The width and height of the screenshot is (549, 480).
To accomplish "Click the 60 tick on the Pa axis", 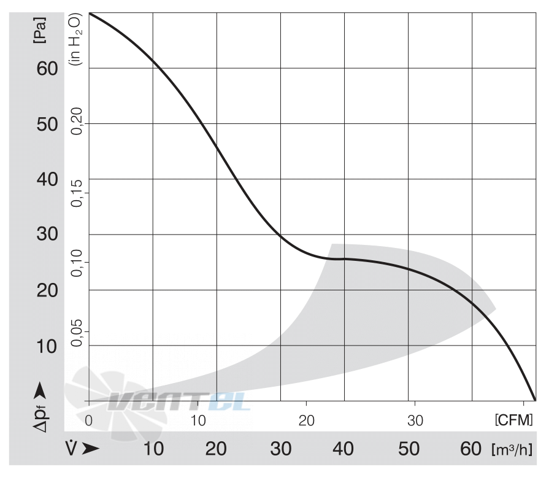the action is (47, 69).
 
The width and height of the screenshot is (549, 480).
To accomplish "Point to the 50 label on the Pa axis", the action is (47, 125).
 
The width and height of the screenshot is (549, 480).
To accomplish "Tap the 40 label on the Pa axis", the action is (47, 179).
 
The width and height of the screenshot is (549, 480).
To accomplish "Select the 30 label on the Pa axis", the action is (47, 234).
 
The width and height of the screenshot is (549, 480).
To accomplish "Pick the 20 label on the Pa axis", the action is (47, 290).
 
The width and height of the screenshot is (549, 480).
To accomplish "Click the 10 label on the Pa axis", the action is (47, 346).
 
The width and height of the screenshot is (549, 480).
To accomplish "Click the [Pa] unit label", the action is (39, 30).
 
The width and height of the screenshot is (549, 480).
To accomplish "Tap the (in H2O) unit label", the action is (76, 39).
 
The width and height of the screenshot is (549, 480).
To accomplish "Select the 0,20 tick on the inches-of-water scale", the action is (76, 121).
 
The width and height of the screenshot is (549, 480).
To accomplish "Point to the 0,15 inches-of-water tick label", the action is (76, 193).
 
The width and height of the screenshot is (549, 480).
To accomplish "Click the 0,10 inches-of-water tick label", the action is (76, 263).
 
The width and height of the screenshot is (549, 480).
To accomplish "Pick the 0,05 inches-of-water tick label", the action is (76, 333).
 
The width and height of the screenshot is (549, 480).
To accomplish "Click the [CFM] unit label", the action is (513, 420).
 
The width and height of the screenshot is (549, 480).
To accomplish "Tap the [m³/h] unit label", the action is (512, 449).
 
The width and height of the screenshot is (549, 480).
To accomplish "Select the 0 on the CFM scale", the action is (89, 420).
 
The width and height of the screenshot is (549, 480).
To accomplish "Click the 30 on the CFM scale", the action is (415, 420).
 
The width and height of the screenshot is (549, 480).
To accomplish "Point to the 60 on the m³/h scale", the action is (471, 449).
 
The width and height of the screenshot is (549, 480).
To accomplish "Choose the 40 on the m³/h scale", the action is (343, 449).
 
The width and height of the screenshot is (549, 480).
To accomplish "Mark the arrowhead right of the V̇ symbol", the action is (91, 449).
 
